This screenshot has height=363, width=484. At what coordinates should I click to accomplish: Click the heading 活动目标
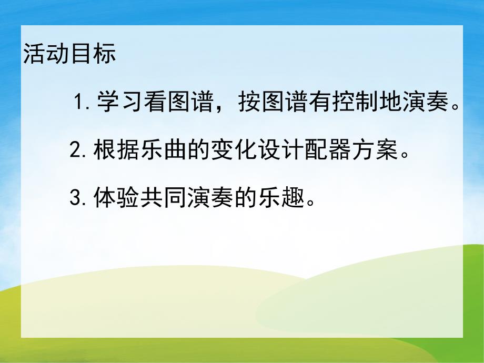[69, 55]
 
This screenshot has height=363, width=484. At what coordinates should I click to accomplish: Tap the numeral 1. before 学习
[84, 101]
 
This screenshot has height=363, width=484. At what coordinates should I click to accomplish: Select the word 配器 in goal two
[324, 152]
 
